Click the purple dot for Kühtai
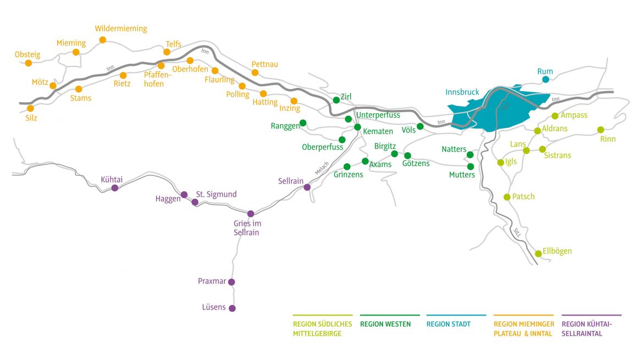tap(115, 188)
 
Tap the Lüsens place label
tap(214, 307)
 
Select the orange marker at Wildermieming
tap(102, 40)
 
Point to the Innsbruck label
tap(462, 92)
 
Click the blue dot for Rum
tap(545, 80)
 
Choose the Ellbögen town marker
tap(538, 253)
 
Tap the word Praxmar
tap(212, 281)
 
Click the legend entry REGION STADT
tap(448, 324)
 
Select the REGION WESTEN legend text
tap(385, 324)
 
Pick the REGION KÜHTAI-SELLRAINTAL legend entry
tap(587, 329)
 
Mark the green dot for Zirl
tap(336, 100)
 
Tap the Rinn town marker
tap(600, 130)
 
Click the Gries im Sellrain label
tap(246, 228)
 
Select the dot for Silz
tap(30, 108)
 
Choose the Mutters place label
tap(462, 175)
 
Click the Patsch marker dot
tap(507, 197)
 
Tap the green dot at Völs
tap(420, 126)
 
